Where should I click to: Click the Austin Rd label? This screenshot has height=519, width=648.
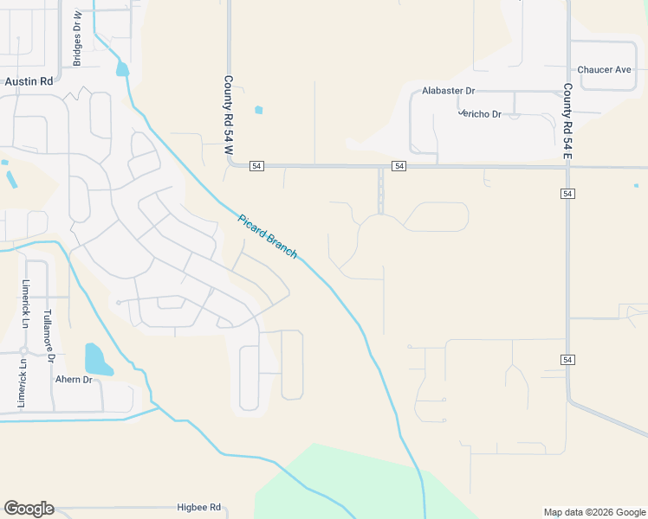pos(29,80)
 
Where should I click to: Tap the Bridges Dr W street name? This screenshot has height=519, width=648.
pos(77,39)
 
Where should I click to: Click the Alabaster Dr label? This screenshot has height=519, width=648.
pos(449,91)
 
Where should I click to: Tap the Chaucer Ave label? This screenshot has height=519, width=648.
pos(604,70)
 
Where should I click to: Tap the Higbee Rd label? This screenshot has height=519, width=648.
pos(199,508)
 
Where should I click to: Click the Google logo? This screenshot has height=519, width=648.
pos(29,509)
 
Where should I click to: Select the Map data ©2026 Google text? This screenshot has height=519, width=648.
pos(594,512)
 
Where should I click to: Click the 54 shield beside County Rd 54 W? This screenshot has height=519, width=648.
pos(256,165)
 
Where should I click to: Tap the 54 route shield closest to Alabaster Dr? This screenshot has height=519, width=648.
pos(399,165)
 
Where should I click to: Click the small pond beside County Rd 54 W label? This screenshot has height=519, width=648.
pos(258,110)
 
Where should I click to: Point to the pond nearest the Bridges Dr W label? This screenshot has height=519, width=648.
pos(122,69)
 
